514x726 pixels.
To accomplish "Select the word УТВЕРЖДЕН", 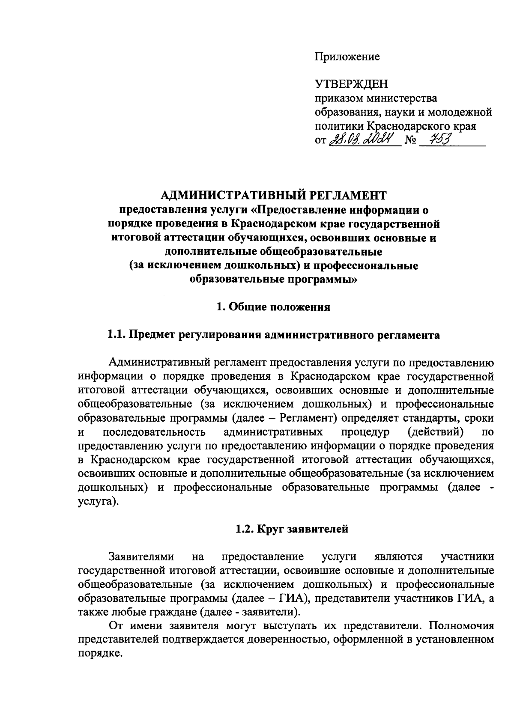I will coord(351,85).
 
